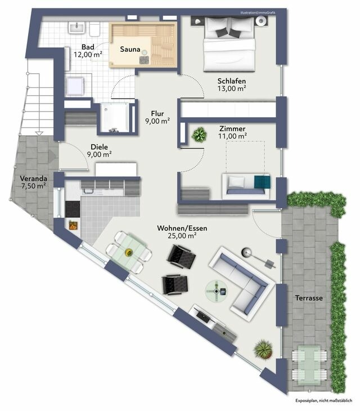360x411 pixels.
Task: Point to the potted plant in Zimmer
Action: (x=199, y=135)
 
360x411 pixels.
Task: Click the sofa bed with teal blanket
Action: (x=247, y=186)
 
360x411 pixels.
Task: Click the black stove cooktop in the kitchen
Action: (x=72, y=208)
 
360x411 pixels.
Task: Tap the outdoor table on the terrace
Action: (x=309, y=361)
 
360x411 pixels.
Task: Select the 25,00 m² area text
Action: (x=181, y=236)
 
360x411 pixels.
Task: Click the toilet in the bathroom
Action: (x=94, y=28)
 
